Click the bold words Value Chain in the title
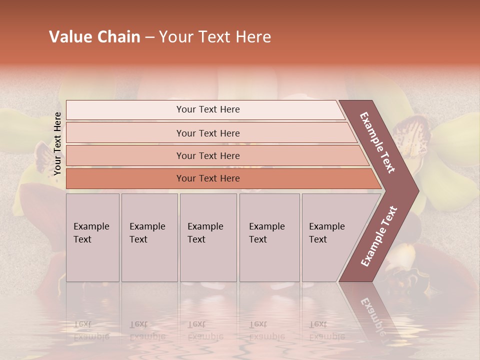point(94,37)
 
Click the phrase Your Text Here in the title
point(215,37)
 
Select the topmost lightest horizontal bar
point(207,109)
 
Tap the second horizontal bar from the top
point(207,133)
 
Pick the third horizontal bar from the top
point(207,155)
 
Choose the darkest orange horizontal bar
point(207,178)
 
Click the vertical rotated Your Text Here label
point(57,143)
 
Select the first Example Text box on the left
point(92,237)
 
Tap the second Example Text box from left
point(149,237)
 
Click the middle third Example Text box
point(207,237)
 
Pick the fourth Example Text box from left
point(269,237)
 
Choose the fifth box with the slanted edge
point(330,237)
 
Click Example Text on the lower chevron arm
point(378,236)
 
